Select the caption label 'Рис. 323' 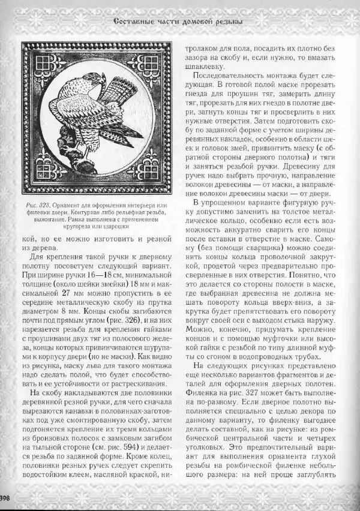(x=39, y=205)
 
